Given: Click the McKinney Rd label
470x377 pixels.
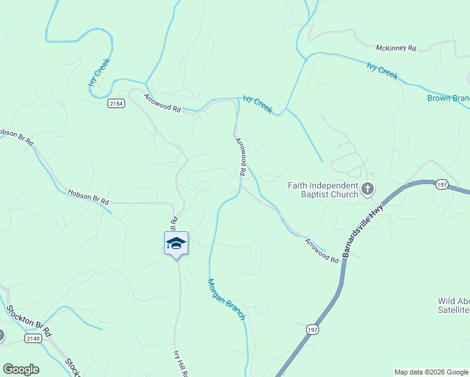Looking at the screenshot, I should click(x=396, y=48).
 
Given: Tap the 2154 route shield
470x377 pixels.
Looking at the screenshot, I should click(x=116, y=104).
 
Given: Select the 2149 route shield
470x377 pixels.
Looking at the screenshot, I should click(x=34, y=339).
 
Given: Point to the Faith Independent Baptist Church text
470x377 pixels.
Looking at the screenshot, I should click(x=323, y=190).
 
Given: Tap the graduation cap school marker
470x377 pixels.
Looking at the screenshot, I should click(x=177, y=244).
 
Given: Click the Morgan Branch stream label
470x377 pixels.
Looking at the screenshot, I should click(x=226, y=299).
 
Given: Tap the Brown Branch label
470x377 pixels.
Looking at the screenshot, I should click(x=448, y=98).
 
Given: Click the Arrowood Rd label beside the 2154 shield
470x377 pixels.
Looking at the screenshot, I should click(x=162, y=103).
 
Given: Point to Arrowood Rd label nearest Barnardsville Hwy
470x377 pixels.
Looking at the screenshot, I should click(x=322, y=250).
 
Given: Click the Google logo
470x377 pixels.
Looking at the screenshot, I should click(x=21, y=369).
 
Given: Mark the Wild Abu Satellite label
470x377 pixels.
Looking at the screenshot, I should click(x=454, y=305).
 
